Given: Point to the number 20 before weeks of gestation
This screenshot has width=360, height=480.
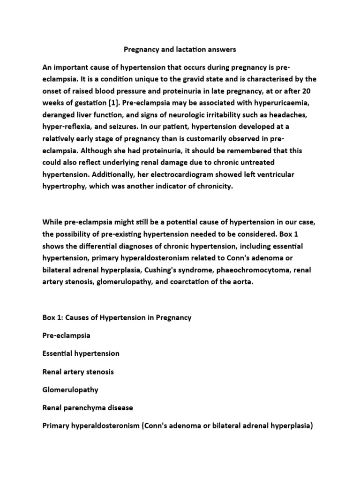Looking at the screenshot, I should pos(310,90).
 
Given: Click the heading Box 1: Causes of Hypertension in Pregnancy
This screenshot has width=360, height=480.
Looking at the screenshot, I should pos(117,317).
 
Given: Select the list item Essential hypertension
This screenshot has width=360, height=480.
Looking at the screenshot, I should pos(81,353).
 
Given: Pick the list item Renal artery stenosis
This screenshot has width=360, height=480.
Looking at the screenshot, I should pos(78,371).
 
